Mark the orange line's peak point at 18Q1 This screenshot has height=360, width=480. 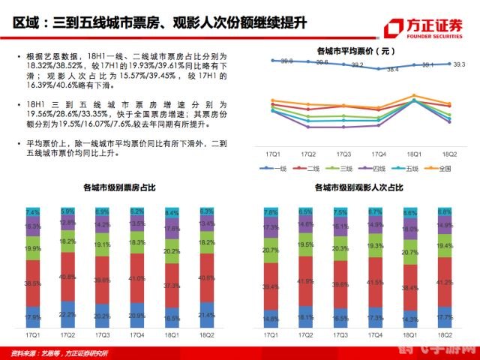point(415,96)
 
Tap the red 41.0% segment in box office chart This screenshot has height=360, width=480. point(136,278)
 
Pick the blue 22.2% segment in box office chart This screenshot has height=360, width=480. point(67,314)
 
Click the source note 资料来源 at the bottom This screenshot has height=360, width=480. point(56,352)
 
